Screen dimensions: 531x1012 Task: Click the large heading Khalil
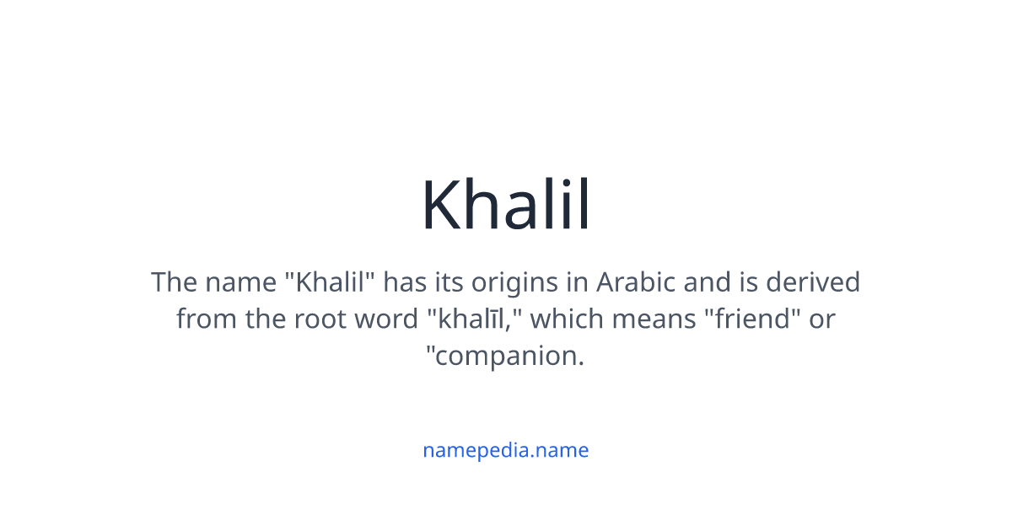pyautogui.click(x=506, y=205)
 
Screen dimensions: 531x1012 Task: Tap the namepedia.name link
pyautogui.click(x=506, y=450)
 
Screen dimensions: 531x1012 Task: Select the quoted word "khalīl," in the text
pyautogui.click(x=475, y=319)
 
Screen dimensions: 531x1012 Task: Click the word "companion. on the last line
pyautogui.click(x=506, y=356)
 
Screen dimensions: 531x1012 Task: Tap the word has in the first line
pyautogui.click(x=405, y=282)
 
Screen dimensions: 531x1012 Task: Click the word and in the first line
pyautogui.click(x=707, y=282)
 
